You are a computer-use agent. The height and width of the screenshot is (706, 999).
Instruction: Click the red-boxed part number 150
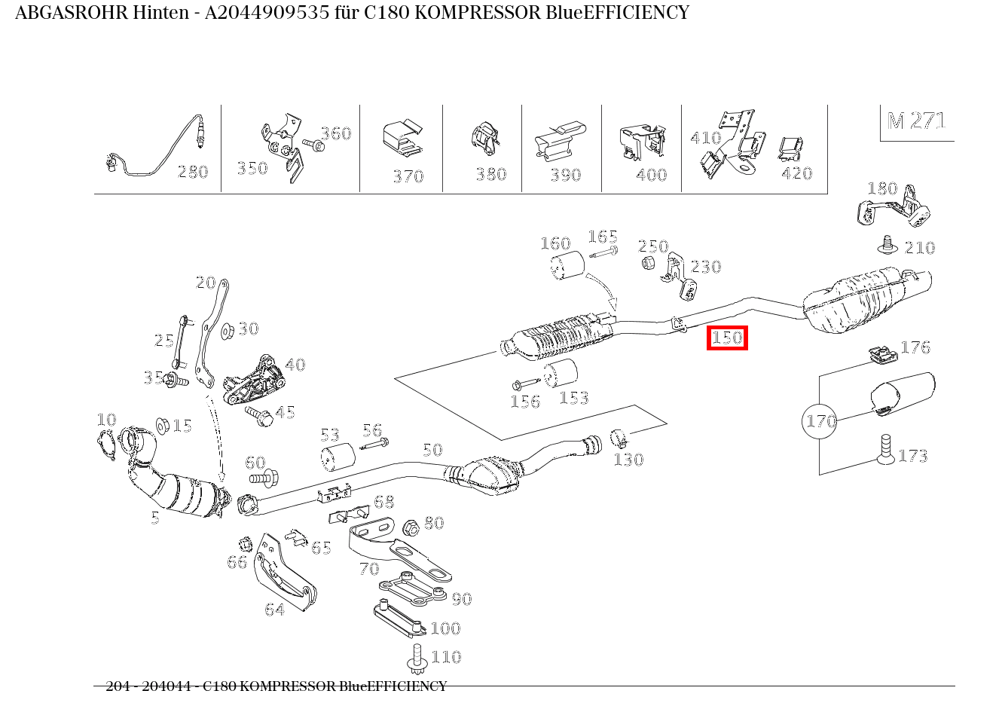coord(727,338)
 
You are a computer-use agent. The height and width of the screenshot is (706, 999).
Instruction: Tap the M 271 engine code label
coord(916,121)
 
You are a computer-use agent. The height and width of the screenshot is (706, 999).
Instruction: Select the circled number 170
coord(820,420)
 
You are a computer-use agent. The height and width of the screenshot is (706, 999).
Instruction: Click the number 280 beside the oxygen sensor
coord(192,173)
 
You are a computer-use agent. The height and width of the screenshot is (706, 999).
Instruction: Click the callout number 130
coord(628,460)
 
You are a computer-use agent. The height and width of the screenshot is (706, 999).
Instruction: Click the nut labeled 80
coord(411,527)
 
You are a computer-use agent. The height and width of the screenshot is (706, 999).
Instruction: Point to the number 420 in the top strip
coord(796,174)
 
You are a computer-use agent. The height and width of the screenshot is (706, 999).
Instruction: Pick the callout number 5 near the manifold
coord(155,518)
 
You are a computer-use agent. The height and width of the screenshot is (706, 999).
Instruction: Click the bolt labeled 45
coord(258,415)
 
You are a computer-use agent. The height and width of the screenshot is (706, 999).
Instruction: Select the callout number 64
coord(275,610)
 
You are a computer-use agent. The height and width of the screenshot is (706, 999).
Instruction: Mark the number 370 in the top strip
coord(408,177)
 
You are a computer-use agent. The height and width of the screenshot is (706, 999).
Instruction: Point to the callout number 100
coord(445,628)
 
